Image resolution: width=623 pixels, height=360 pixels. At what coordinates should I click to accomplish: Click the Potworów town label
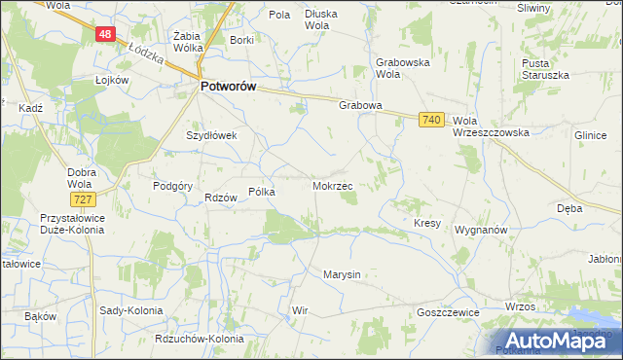[x=228, y=87]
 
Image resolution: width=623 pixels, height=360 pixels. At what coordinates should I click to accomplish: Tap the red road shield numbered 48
[x=106, y=34]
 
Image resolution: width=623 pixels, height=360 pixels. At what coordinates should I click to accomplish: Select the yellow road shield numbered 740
[x=433, y=120]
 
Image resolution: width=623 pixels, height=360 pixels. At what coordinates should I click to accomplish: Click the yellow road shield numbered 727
[x=83, y=199]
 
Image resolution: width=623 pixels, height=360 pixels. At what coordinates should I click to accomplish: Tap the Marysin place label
[x=342, y=274]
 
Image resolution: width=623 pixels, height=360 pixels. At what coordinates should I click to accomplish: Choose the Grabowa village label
[x=359, y=105]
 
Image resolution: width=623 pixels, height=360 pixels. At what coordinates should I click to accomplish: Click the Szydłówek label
[x=212, y=136]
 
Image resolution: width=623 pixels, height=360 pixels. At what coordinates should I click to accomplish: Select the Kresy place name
[x=427, y=223]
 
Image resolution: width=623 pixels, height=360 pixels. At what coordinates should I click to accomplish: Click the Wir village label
[x=300, y=311]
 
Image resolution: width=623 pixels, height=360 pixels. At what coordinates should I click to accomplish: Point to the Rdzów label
[x=221, y=198]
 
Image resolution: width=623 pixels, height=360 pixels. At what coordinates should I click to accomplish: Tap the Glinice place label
[x=591, y=137]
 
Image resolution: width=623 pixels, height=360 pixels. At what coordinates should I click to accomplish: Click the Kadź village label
[x=30, y=108]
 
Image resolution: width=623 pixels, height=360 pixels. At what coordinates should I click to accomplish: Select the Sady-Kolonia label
[x=130, y=310]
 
